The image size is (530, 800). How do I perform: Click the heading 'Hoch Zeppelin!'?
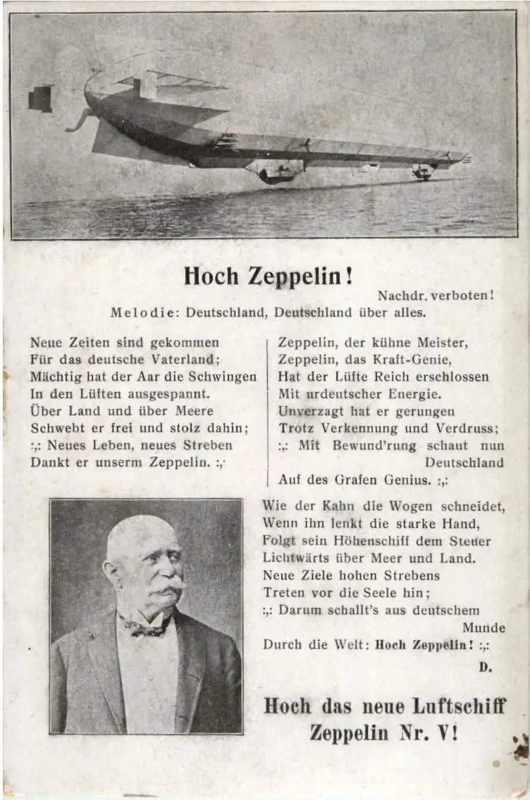(268, 276)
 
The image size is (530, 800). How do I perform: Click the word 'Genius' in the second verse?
(405, 480)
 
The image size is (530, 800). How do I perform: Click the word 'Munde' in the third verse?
(483, 627)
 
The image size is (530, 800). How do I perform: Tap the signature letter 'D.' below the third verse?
(485, 665)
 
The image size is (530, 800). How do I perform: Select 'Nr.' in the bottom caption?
(412, 732)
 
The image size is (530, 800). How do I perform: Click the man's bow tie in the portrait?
(146, 626)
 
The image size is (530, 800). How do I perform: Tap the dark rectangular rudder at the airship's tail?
(40, 99)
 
